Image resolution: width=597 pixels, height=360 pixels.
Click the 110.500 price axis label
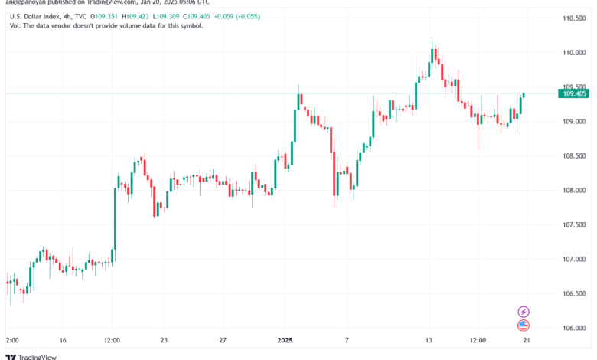574,18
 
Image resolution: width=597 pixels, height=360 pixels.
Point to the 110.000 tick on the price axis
574,52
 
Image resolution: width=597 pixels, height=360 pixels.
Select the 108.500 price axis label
574,155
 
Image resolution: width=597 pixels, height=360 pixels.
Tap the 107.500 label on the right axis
574,224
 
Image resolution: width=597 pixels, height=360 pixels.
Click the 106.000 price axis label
574,328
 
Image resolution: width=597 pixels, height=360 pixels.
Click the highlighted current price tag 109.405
574,93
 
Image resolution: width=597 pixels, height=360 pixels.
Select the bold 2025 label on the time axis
285,339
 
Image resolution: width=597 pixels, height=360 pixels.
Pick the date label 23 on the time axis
164,339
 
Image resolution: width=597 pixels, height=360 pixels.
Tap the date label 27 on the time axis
222,339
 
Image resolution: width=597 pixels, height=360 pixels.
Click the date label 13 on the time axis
430,339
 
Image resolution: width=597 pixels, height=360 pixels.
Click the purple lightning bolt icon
524,312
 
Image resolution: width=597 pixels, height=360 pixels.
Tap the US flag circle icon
524,326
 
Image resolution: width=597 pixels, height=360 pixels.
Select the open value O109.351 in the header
106,15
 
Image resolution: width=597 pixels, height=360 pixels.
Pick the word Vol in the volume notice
15,25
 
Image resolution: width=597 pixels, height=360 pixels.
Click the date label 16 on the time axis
63,339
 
